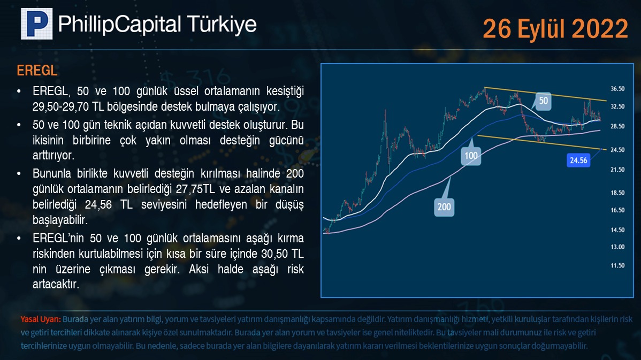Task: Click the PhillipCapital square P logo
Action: click(x=37, y=24)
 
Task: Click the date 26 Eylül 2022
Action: click(x=555, y=28)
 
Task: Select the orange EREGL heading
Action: click(x=37, y=70)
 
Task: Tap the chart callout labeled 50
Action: click(x=543, y=101)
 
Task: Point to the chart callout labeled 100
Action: click(x=471, y=156)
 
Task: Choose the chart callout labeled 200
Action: click(x=445, y=207)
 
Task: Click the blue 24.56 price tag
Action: click(x=578, y=160)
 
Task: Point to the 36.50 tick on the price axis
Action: click(x=617, y=89)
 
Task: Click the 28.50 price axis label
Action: click(x=617, y=126)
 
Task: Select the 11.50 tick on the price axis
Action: click(x=617, y=266)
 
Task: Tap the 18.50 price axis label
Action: click(x=617, y=193)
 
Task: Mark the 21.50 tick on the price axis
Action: click(x=617, y=170)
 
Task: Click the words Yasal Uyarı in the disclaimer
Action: click(x=41, y=319)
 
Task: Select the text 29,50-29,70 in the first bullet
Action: click(x=61, y=107)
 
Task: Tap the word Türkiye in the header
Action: click(x=222, y=24)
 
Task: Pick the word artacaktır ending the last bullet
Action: click(x=56, y=285)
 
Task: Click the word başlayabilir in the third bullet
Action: click(x=60, y=220)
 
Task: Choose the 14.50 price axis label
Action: click(x=617, y=230)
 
